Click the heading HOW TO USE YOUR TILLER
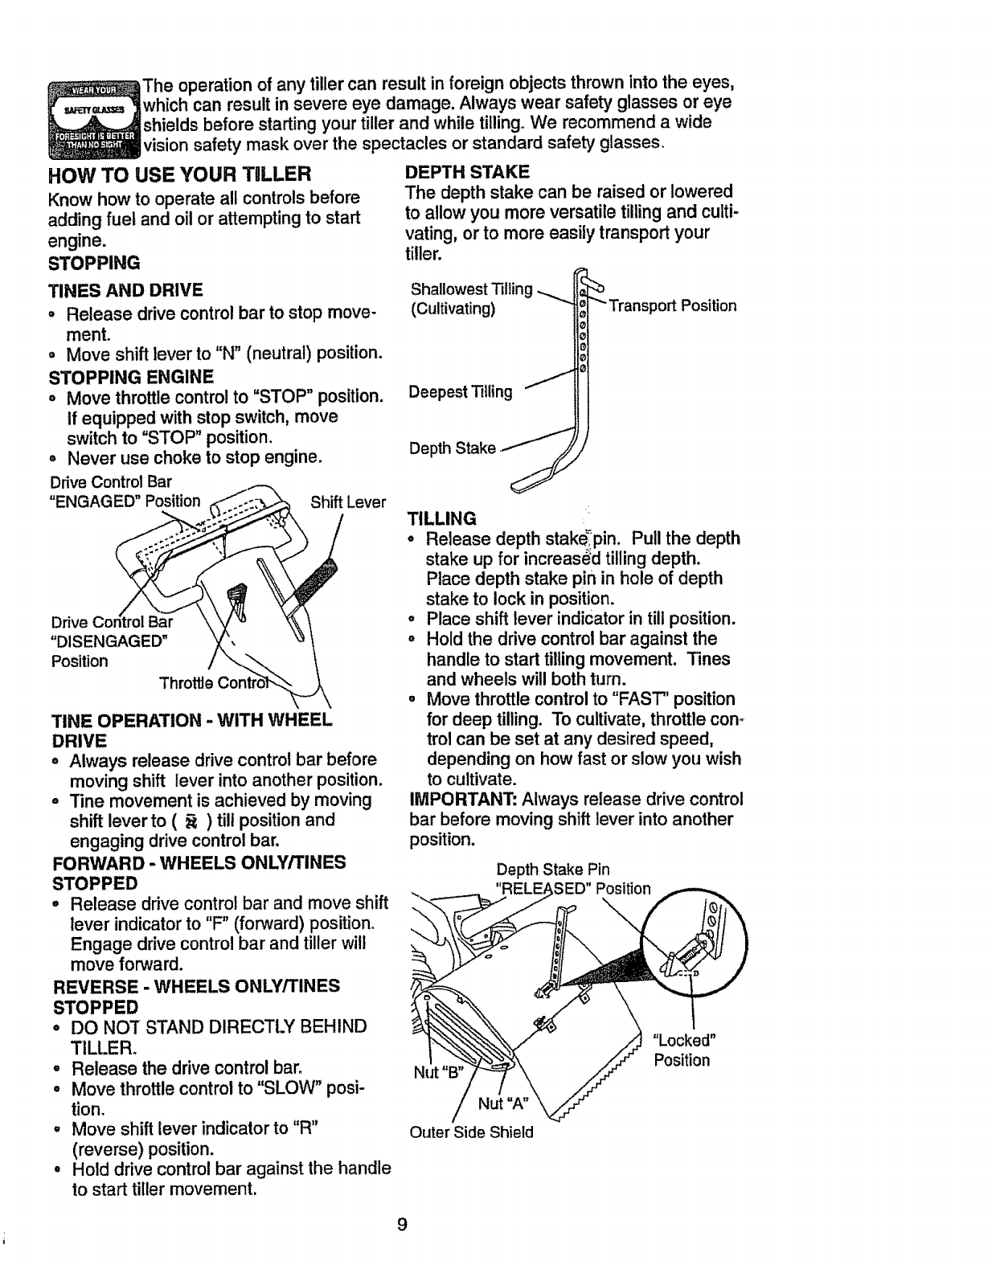[179, 174]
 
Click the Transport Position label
[672, 306]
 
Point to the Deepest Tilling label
[460, 391]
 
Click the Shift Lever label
[348, 502]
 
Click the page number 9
[402, 1225]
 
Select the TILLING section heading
[442, 518]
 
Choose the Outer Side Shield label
[471, 1132]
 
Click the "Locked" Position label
[682, 1050]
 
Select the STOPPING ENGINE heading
[132, 376]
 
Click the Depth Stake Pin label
[552, 869]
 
